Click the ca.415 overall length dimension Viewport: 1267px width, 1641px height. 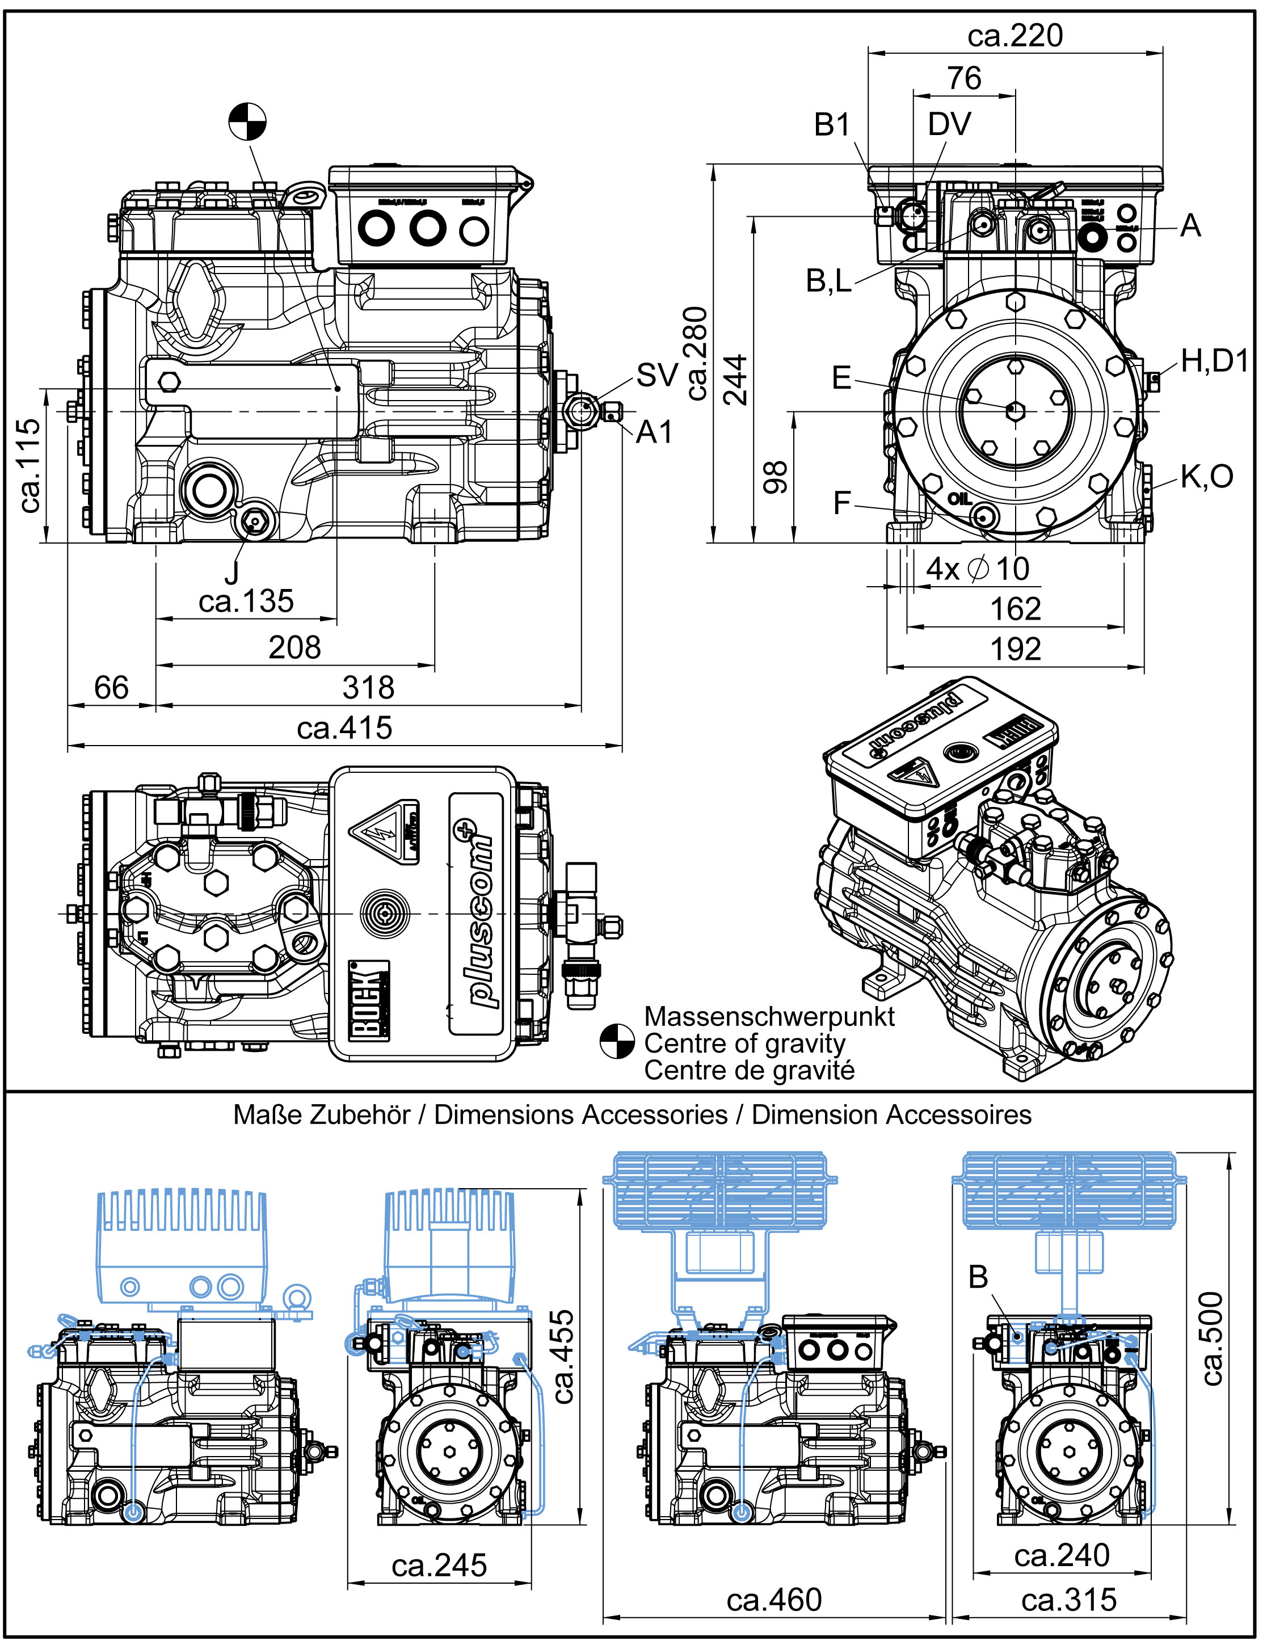click(x=344, y=728)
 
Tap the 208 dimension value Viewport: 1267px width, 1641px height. click(x=294, y=647)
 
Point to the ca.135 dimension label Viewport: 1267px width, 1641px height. click(x=246, y=601)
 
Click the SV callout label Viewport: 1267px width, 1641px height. click(x=657, y=375)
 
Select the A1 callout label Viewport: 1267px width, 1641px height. click(x=654, y=433)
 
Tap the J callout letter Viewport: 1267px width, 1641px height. click(x=231, y=573)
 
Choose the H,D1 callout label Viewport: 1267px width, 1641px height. click(x=1214, y=361)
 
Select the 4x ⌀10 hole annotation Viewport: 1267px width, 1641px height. click(x=977, y=569)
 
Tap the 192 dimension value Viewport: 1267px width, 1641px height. click(x=1015, y=649)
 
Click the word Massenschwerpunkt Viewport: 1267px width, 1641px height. click(x=769, y=1017)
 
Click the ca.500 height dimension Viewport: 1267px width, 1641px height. click(x=1212, y=1337)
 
